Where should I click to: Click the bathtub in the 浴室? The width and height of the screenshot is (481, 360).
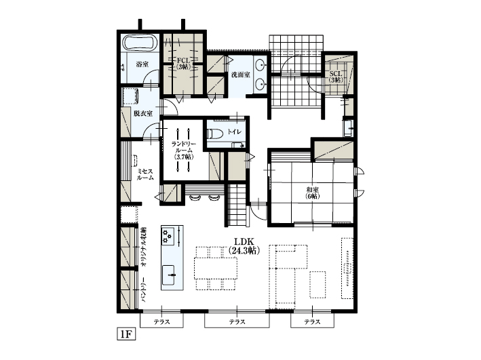(140, 43)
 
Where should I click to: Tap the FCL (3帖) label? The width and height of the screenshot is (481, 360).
(183, 64)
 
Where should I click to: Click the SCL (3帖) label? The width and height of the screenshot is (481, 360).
(335, 76)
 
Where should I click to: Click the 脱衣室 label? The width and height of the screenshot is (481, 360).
(142, 113)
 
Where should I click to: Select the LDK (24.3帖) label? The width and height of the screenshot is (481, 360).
(244, 245)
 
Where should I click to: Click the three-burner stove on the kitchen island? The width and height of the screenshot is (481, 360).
(168, 235)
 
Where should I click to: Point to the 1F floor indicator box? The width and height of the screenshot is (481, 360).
(127, 334)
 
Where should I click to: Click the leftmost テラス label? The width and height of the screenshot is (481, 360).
(161, 321)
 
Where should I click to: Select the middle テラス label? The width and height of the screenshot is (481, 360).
(237, 321)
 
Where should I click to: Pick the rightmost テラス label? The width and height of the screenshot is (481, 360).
(312, 321)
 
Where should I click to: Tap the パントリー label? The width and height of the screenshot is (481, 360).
(144, 289)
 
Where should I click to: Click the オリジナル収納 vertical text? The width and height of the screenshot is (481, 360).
(144, 248)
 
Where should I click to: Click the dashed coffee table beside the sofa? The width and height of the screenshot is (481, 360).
(318, 283)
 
